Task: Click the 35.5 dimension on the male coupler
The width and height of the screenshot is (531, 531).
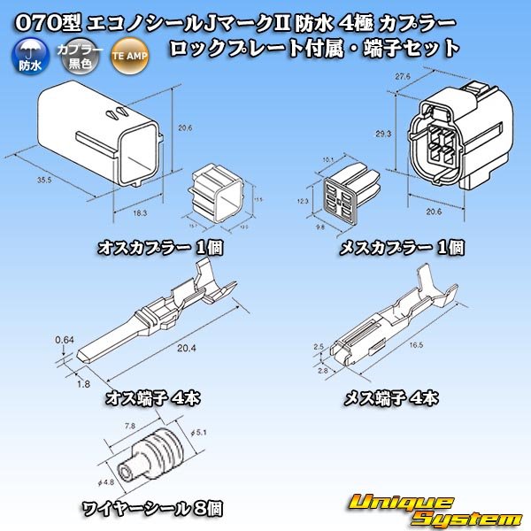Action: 44,178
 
